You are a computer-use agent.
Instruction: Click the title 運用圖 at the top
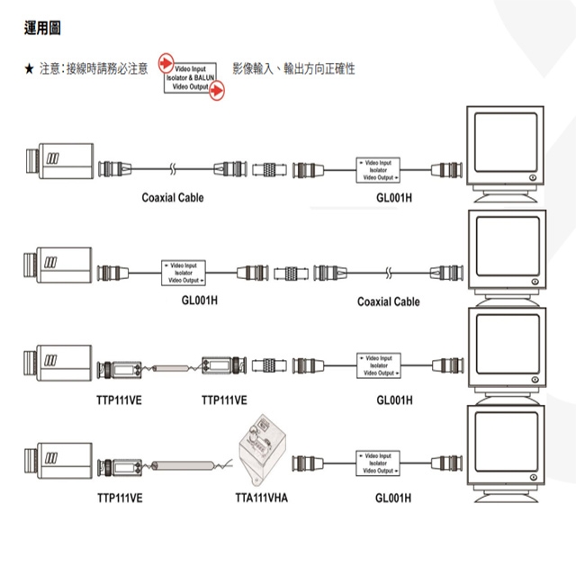click(42, 30)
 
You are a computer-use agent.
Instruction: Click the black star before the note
click(29, 69)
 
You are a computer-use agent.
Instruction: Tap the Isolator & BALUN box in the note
click(190, 78)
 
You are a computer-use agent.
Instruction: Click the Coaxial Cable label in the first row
click(173, 197)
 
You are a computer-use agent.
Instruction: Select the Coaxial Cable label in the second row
click(388, 301)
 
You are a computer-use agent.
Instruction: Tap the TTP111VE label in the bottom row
click(121, 496)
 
